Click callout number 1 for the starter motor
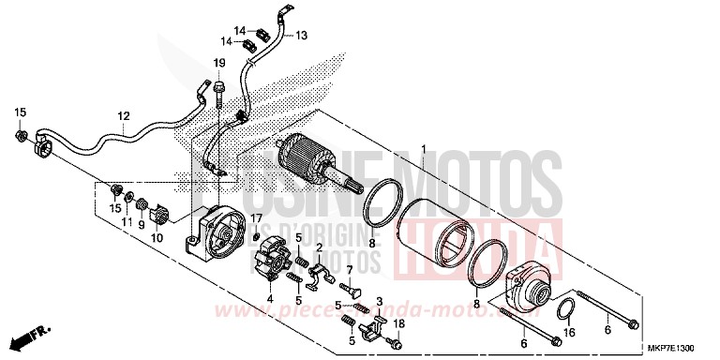click(x=423, y=149)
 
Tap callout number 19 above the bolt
click(x=218, y=63)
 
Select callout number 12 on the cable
click(x=123, y=115)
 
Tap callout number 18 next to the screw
click(x=399, y=323)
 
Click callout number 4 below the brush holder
click(x=270, y=299)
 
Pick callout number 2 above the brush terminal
click(x=320, y=247)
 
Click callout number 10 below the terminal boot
click(x=156, y=238)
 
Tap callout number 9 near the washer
click(x=142, y=226)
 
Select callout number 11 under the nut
click(x=127, y=222)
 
